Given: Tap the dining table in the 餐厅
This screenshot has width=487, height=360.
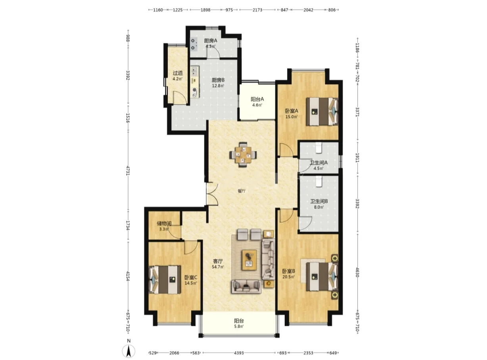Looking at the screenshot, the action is coord(243,155).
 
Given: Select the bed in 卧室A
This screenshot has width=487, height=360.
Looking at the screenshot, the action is coord(322,112).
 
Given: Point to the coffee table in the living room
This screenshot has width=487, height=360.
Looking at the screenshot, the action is coord(249,260).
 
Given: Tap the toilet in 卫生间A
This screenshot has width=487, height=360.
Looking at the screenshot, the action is coord(318,148).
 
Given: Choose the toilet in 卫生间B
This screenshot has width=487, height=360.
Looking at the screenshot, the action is coord(318,181).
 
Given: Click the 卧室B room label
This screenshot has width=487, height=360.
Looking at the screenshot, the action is coord(288,271).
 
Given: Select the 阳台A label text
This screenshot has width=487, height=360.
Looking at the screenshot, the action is coord(257,99).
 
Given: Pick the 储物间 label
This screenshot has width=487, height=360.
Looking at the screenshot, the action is coord(164,223).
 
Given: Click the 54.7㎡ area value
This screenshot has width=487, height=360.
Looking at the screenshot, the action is coord(218,267).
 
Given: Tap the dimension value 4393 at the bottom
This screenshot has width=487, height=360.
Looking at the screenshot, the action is coord(239,353).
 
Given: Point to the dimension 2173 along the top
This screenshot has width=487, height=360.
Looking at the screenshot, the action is coord(257,10).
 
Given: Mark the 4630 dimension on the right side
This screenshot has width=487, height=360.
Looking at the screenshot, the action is coord(357,272).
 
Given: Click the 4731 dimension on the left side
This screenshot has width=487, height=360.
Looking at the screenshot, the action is coord(128,171).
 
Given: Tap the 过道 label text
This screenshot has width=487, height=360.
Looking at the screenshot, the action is coord(177,73).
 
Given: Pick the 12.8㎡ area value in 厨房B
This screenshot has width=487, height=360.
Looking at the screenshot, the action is coord(218,86).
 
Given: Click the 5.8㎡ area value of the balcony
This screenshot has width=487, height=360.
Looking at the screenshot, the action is coord(239,326).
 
